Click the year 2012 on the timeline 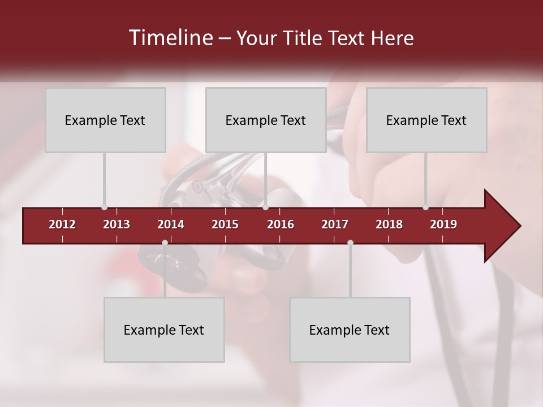pos(62,224)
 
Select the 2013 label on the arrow pos(117,224)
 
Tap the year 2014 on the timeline pos(171,224)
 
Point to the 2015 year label pos(225,224)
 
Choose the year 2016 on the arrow pos(281,224)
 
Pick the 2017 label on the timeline pos(335,224)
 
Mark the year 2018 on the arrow pos(389,224)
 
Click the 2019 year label pos(443,224)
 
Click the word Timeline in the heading pos(170,38)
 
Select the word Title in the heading pos(305,38)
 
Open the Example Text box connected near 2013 pos(105,120)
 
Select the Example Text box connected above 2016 pos(266,120)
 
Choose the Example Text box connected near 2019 pos(426,120)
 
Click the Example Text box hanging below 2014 pos(164,330)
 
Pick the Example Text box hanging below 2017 pos(350,330)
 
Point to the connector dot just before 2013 pos(104,207)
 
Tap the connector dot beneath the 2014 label pos(165,243)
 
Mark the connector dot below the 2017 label pos(350,243)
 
